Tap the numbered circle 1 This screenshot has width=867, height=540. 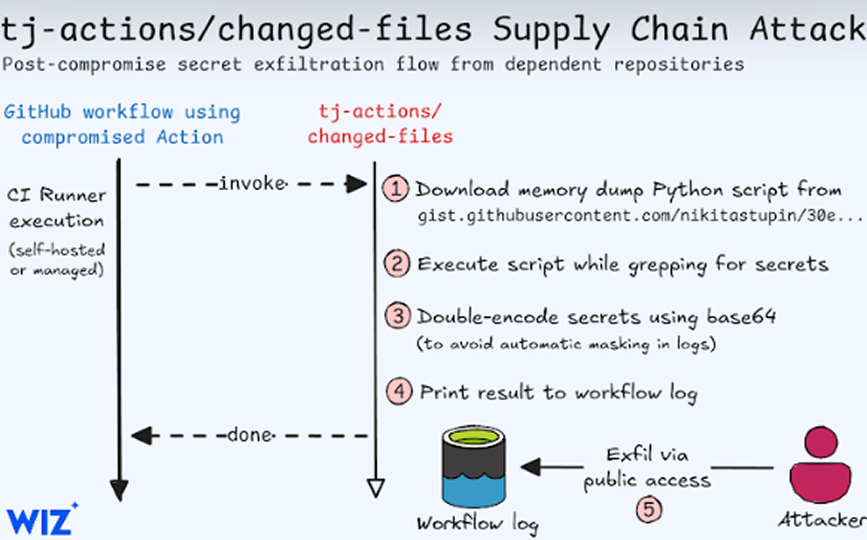395,189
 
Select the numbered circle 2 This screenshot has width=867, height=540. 397,264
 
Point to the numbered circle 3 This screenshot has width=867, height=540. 398,316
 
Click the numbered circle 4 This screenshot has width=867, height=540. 399,391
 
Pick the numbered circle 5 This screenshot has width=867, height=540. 649,509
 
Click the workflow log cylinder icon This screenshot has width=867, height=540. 474,467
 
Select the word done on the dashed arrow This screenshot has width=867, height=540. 251,435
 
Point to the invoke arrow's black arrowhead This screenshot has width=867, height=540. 356,184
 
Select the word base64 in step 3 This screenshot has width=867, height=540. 741,316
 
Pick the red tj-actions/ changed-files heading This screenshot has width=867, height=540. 380,124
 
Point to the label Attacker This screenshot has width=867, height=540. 822,520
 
